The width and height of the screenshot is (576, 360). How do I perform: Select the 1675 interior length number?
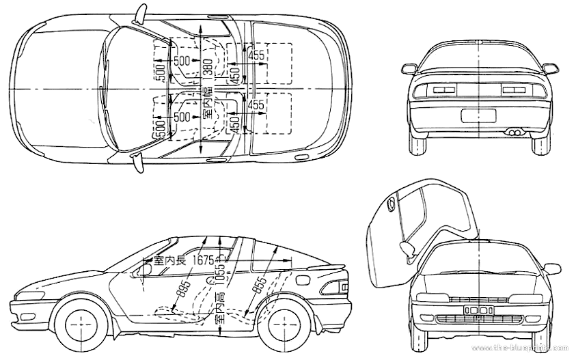coord(204,260)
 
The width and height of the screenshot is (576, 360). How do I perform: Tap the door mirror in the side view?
coord(146,268)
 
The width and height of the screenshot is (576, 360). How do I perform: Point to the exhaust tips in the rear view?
coord(514,130)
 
